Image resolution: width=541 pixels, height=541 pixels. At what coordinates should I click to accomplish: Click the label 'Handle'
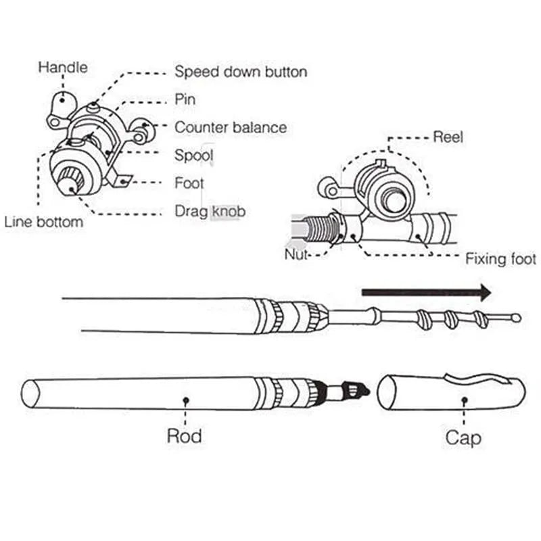tap(63, 67)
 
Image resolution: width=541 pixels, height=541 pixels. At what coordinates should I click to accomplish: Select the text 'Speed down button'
tap(241, 71)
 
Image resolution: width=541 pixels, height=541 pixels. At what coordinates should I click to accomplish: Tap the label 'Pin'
tap(185, 99)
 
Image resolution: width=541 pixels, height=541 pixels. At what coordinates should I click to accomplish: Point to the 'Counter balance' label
tap(230, 127)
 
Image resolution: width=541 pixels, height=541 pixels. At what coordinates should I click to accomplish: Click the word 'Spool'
tap(194, 156)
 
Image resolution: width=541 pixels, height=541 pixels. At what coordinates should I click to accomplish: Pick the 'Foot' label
tap(189, 183)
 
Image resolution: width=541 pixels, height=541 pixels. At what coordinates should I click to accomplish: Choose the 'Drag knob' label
tap(210, 212)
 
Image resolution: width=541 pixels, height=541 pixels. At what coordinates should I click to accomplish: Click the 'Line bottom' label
tap(44, 222)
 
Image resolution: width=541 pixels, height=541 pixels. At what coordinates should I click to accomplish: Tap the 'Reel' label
tap(448, 137)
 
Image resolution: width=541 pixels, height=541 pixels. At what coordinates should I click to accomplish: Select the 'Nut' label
tap(296, 255)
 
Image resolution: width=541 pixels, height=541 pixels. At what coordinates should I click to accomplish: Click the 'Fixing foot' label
tap(500, 258)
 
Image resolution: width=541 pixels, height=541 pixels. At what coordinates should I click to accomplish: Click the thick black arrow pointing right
tap(426, 292)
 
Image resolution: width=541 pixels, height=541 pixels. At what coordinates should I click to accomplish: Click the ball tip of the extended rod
tap(517, 317)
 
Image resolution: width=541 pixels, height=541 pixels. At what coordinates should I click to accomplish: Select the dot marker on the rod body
tap(185, 400)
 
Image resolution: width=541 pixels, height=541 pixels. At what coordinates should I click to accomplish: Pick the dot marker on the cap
tap(463, 400)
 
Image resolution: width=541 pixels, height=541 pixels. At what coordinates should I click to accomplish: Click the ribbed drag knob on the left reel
tap(70, 181)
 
